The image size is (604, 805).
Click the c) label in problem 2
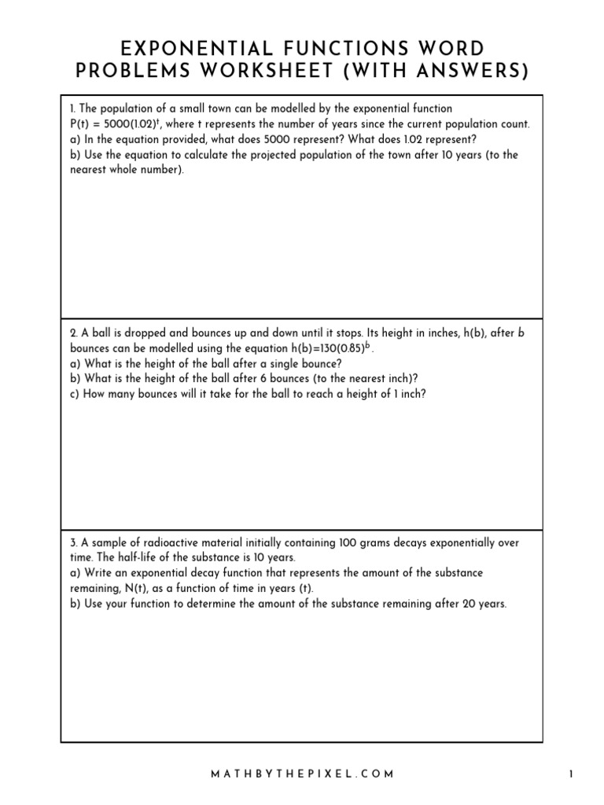(x=75, y=394)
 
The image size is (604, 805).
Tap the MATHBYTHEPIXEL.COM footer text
(x=302, y=774)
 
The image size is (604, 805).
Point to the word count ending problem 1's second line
(x=514, y=124)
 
